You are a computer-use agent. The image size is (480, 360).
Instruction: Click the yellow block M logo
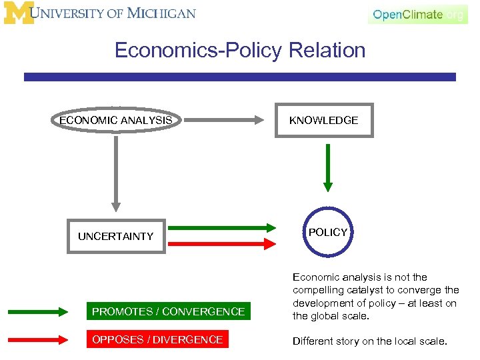coord(18,13)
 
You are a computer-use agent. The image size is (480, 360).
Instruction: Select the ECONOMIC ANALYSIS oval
coord(116,121)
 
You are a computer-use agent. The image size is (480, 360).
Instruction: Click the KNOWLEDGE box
coord(323,121)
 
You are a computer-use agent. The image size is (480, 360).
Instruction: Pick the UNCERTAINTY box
coord(116,236)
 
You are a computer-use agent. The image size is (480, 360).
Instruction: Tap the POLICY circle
coord(327,233)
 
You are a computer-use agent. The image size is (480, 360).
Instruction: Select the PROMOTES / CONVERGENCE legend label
coord(169,311)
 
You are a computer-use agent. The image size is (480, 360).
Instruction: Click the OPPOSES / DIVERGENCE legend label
coord(157,339)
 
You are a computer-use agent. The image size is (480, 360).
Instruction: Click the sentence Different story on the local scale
coord(369,341)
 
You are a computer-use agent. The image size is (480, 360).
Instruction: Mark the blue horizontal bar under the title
coord(240,77)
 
